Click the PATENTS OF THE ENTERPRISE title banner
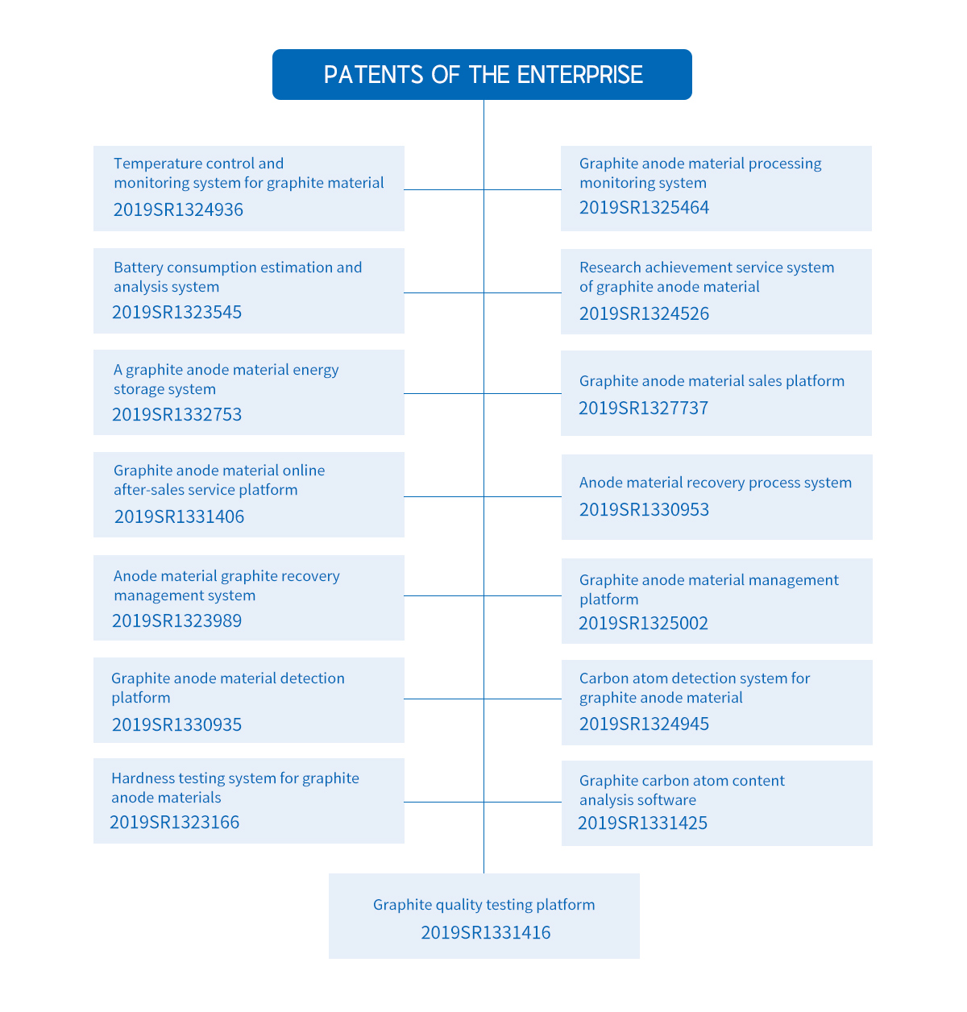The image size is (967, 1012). pyautogui.click(x=482, y=75)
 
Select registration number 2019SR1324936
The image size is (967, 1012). pyautogui.click(x=178, y=209)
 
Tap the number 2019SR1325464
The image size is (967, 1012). pyautogui.click(x=644, y=208)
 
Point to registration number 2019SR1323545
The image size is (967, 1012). pyautogui.click(x=176, y=313)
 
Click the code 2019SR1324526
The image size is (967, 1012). pyautogui.click(x=644, y=314)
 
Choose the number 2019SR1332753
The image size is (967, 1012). pyautogui.click(x=176, y=415)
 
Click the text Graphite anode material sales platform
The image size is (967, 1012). pyautogui.click(x=712, y=381)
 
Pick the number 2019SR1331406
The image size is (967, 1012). pyautogui.click(x=179, y=517)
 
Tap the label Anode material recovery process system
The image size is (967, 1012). pyautogui.click(x=715, y=483)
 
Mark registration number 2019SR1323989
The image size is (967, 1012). pyautogui.click(x=176, y=621)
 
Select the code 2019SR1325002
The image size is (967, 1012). pyautogui.click(x=643, y=624)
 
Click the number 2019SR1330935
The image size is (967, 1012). pyautogui.click(x=176, y=725)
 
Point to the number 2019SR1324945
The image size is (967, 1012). pyautogui.click(x=644, y=724)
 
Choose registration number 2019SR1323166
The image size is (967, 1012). pyautogui.click(x=174, y=823)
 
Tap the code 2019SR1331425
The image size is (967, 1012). pyautogui.click(x=642, y=823)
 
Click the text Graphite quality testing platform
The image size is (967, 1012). pyautogui.click(x=483, y=905)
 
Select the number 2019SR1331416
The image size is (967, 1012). pyautogui.click(x=485, y=933)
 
